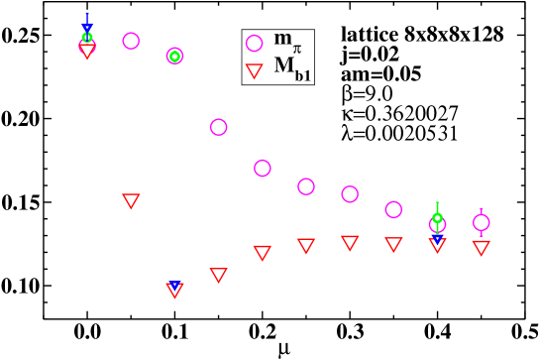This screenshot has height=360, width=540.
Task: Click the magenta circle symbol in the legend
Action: tap(254, 43)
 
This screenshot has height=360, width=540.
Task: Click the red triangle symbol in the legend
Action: tap(254, 69)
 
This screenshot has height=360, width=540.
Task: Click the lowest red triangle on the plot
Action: tap(174, 290)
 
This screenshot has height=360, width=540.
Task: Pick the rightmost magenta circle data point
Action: tap(481, 222)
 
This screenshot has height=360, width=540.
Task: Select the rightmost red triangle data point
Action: tap(481, 247)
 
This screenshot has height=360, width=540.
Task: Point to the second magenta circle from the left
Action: tap(131, 41)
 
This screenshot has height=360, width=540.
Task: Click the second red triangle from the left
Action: tap(131, 200)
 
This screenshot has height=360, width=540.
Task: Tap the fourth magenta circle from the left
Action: tap(218, 127)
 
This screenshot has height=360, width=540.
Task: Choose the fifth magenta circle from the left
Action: tap(262, 168)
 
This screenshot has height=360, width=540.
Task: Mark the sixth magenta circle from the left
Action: tap(305, 186)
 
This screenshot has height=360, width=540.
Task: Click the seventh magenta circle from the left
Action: tap(349, 193)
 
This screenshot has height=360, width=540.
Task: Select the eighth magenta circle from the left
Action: tap(393, 209)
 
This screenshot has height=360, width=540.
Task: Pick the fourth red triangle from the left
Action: tap(218, 275)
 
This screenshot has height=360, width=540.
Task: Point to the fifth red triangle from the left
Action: tap(262, 252)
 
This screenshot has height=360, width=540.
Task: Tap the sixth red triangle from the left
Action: tap(305, 245)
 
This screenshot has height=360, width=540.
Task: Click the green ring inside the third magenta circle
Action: tap(174, 56)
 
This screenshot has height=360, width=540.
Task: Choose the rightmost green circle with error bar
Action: tap(437, 218)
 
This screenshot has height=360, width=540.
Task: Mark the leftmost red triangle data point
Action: tap(87, 51)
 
